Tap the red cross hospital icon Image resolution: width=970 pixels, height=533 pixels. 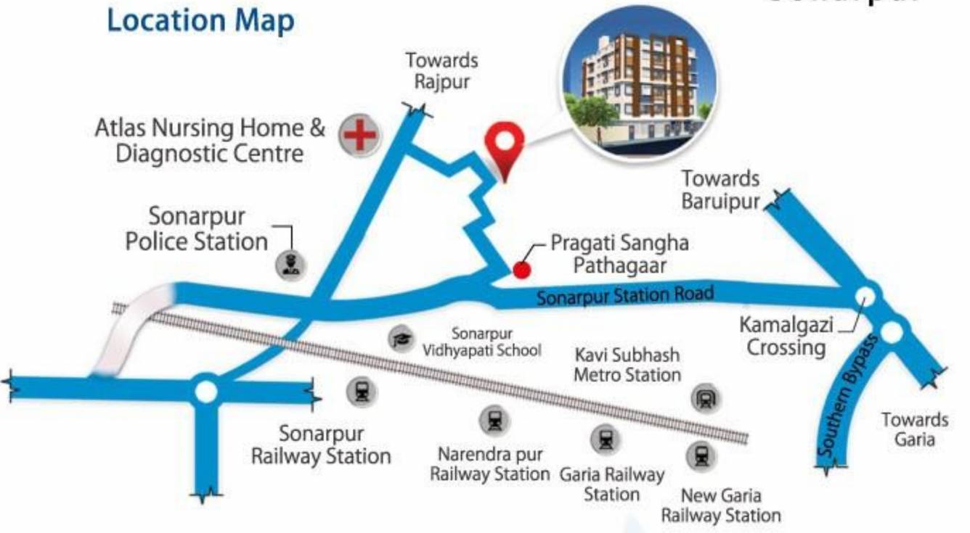coord(359,135)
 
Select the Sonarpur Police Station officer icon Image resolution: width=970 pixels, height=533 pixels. coord(291,264)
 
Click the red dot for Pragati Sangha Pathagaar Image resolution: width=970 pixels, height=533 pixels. coord(521,269)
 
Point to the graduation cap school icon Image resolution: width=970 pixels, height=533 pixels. coord(400,338)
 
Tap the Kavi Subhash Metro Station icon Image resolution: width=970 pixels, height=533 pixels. coord(704,397)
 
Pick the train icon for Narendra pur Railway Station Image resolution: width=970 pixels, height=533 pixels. coord(494,420)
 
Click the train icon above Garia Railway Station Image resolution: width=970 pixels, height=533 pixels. coord(605,439)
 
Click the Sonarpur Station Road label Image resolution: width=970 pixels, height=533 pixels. coord(624,295)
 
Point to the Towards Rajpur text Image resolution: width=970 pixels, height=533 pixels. coord(441,70)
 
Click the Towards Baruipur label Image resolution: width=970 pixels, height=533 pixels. coord(720,189)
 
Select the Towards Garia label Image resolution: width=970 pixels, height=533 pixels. coord(914,429)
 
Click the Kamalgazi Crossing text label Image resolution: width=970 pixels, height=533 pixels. coord(786,336)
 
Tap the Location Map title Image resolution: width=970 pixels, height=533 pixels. coord(200,20)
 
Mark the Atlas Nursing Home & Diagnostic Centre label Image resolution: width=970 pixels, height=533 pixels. coord(210,141)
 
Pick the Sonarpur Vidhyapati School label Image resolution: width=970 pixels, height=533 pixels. coord(482,342)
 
